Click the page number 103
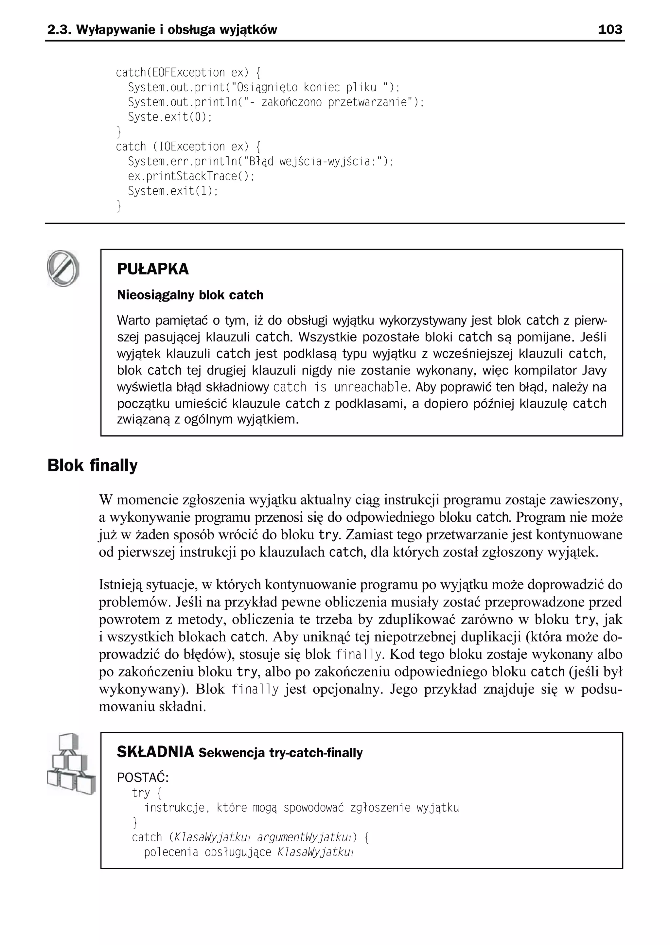[610, 29]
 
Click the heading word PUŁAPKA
[153, 269]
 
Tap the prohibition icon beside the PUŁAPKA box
[63, 268]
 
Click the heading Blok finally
[92, 465]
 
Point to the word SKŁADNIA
[155, 752]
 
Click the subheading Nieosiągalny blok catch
[190, 295]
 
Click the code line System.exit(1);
[172, 191]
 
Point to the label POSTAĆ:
[143, 778]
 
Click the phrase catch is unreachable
[340, 387]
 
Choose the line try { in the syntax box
[147, 792]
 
